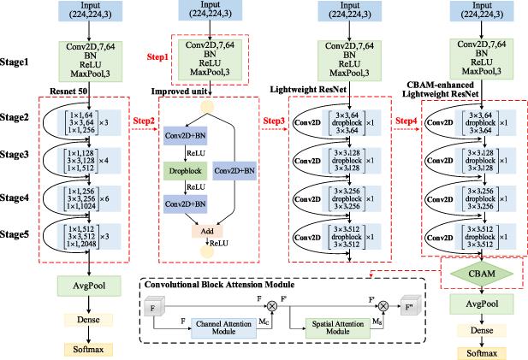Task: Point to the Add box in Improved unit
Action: pos(206,231)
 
